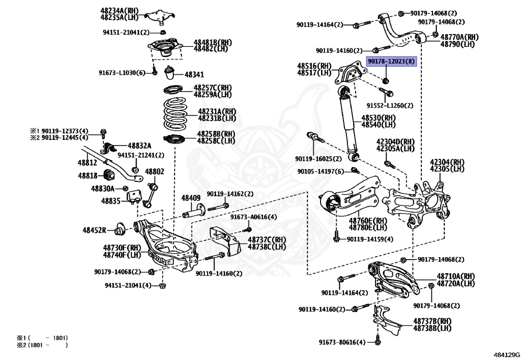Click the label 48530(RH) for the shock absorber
coord(378,118)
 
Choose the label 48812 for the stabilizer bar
coord(87,162)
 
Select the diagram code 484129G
coord(506,353)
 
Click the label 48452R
coord(95,230)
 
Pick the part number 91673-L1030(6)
coord(122,73)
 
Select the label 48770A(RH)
coord(459,37)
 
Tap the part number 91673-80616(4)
coord(342,342)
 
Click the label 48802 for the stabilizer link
coord(155,172)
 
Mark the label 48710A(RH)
coord(455,276)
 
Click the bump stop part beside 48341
coord(170,74)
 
